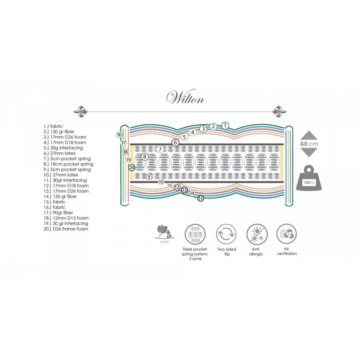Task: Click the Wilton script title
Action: click(x=185, y=97)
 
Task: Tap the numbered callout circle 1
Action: click(x=225, y=126)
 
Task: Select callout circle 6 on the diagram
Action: click(x=175, y=143)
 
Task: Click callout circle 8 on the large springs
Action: click(x=144, y=157)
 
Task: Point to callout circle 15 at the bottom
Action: click(x=201, y=198)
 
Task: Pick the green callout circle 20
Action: click(x=132, y=167)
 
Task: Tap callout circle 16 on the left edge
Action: click(x=119, y=135)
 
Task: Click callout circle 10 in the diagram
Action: click(x=161, y=182)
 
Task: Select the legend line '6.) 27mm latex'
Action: click(x=59, y=153)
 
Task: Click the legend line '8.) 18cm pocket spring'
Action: click(x=68, y=164)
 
